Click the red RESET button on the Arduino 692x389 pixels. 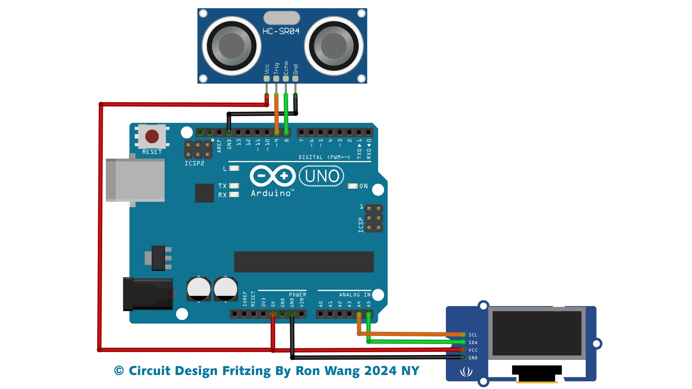click(152, 136)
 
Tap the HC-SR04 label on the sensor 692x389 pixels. click(281, 31)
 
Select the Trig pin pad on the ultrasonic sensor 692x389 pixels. click(276, 79)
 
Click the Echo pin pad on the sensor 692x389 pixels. click(286, 79)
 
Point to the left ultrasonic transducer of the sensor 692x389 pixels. click(231, 46)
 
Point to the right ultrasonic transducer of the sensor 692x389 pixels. click(334, 46)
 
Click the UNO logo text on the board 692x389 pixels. click(321, 176)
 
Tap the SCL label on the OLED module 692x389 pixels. click(473, 335)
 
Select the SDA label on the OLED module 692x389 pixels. click(473, 343)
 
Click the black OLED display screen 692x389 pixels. click(537, 333)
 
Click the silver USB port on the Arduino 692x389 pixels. click(135, 180)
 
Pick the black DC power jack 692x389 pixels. click(148, 294)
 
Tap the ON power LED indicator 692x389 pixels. click(353, 186)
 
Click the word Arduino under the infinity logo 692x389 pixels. click(271, 193)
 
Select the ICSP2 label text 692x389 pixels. click(194, 163)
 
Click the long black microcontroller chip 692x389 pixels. click(304, 262)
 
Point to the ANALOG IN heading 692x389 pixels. click(354, 295)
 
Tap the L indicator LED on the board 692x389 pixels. click(234, 168)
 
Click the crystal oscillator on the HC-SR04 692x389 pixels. click(281, 18)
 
